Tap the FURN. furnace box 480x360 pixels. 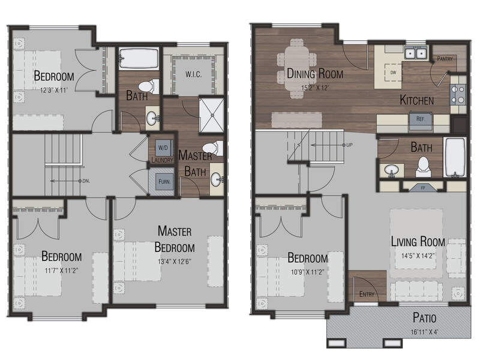click(x=164, y=182)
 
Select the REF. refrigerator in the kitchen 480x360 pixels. click(x=421, y=118)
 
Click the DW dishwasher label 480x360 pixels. click(x=394, y=73)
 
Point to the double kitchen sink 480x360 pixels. click(x=416, y=53)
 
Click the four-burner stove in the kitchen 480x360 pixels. click(x=458, y=95)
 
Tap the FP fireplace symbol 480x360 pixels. click(x=423, y=187)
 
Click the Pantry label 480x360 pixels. click(x=445, y=58)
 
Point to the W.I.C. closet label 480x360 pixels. click(x=193, y=74)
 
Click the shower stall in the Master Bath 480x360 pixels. click(x=212, y=115)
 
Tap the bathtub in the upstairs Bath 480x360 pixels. click(x=139, y=58)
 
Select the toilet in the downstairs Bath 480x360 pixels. click(x=423, y=167)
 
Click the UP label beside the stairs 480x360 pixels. click(x=349, y=145)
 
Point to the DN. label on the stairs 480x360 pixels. click(x=86, y=181)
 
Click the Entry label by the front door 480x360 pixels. click(x=367, y=294)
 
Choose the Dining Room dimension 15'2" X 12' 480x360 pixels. click(x=315, y=88)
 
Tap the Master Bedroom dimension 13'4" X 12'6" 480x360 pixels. click(x=175, y=262)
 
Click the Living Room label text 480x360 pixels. click(x=418, y=242)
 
